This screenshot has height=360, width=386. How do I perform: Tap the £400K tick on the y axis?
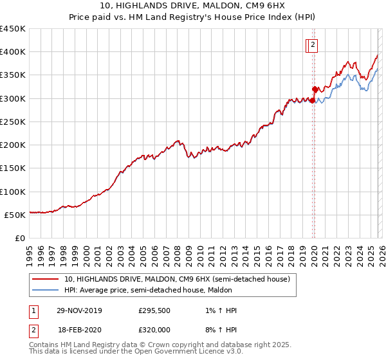click(13, 51)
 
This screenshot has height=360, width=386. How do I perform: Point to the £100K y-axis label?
click(13, 192)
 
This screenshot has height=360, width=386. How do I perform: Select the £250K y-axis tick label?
click(13, 122)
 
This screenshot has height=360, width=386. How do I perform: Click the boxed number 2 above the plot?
click(313, 45)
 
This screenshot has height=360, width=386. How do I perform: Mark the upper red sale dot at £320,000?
click(315, 89)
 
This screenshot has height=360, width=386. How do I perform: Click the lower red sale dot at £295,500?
click(312, 100)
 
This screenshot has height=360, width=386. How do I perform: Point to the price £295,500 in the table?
click(154, 310)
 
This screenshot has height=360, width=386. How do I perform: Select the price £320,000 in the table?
click(154, 328)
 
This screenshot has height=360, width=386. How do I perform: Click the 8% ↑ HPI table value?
click(219, 328)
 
